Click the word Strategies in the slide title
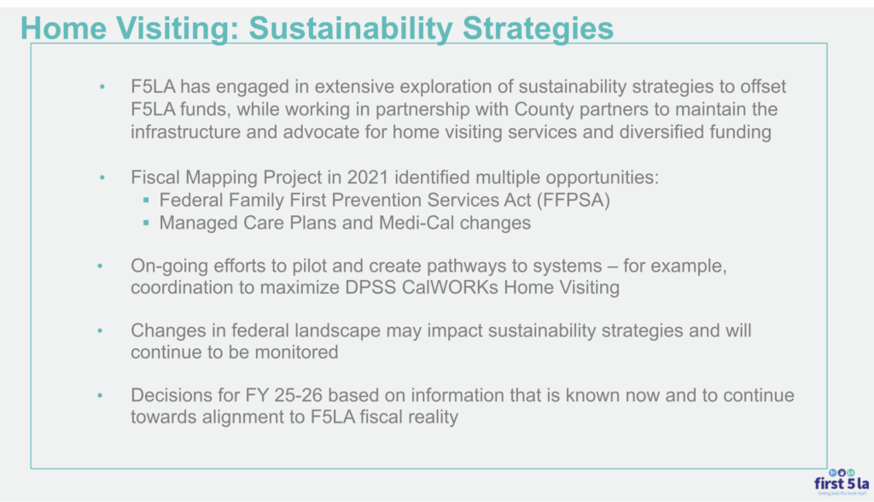point(538,28)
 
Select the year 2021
point(368,178)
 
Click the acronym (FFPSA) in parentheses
point(574,201)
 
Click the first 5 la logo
point(841,482)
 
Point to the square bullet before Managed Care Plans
point(146,223)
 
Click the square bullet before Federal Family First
point(146,200)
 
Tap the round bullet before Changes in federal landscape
point(101,330)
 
